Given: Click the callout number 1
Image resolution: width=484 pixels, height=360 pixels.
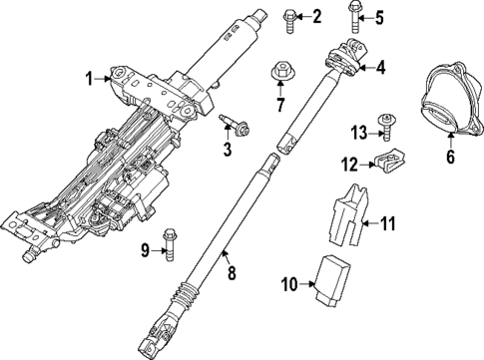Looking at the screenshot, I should point(88,77).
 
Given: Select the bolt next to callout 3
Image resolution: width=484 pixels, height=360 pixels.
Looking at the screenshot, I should point(236,124).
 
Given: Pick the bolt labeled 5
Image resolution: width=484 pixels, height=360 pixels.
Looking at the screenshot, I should point(355,14).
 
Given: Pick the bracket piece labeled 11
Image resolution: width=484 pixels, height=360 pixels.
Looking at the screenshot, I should point(345,215).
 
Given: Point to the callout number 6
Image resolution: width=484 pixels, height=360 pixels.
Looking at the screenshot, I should point(450,156).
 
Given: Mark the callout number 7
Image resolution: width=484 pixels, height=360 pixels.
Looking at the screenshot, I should point(280,104).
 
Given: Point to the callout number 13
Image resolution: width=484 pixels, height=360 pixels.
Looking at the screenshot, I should point(358,134).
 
